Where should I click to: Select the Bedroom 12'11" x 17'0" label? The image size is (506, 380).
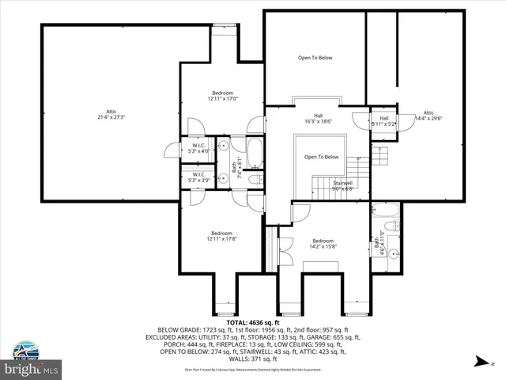click(x=222, y=97)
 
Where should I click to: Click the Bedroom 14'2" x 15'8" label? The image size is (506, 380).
click(x=323, y=243)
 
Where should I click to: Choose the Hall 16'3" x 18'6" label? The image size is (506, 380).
click(x=318, y=120)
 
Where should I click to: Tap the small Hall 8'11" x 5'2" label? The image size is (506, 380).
click(x=384, y=121)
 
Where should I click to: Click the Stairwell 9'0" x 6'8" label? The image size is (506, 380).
click(x=342, y=185)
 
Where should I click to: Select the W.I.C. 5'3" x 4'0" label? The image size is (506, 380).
click(x=198, y=148)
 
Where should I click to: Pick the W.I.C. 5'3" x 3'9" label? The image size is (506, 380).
click(x=198, y=177)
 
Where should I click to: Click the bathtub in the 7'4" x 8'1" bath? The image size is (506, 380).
click(x=255, y=153)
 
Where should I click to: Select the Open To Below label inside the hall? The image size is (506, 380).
click(x=322, y=157)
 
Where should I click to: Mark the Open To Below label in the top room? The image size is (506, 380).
click(x=315, y=58)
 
